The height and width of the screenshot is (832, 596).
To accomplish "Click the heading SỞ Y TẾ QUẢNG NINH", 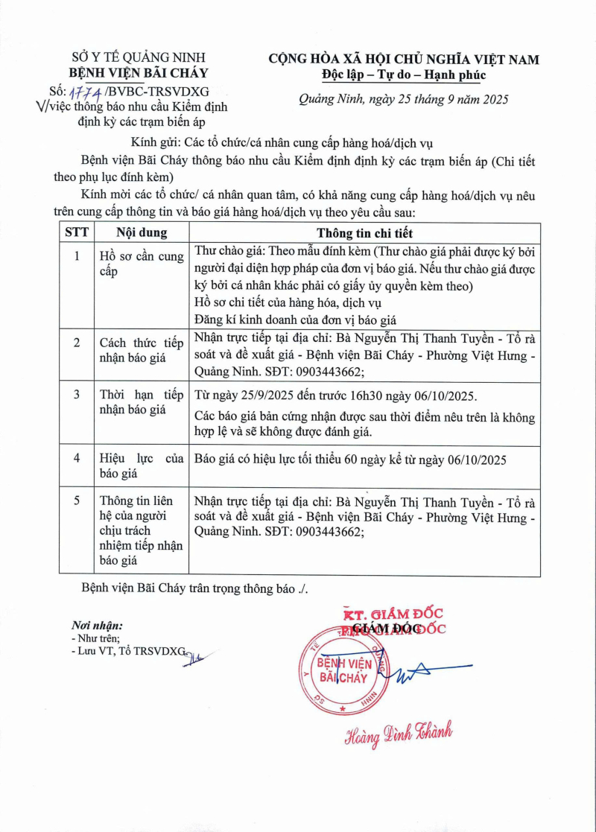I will (138, 57).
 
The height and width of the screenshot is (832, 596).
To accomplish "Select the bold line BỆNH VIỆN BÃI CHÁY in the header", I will (139, 73).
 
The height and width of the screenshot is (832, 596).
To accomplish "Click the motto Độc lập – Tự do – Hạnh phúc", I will (404, 74).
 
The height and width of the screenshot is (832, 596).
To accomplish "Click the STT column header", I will (76, 232).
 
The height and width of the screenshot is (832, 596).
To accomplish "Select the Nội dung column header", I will (142, 232).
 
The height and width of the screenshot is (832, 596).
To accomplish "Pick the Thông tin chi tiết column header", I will (364, 232).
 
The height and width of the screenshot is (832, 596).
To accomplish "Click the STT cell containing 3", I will (76, 393).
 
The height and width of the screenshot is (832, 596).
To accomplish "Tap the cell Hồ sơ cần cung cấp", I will (142, 264).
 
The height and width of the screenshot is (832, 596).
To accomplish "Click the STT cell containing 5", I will (76, 500).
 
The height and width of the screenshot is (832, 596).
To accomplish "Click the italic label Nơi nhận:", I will (97, 626).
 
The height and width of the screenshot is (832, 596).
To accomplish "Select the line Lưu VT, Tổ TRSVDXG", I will (127, 651).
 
